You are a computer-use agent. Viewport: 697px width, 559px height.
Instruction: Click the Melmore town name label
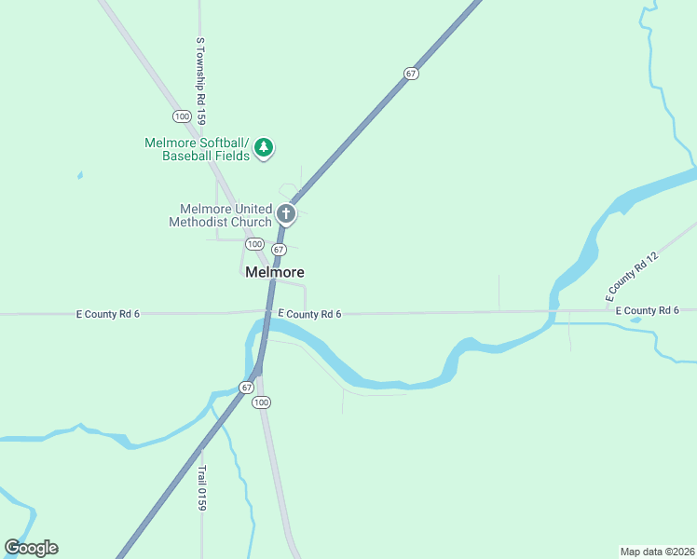point(275,273)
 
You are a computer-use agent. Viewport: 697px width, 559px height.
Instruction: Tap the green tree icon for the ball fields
point(265,147)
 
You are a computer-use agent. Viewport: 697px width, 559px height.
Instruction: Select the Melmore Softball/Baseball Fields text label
point(198,149)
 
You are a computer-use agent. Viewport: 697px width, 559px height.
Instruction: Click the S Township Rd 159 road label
point(200,81)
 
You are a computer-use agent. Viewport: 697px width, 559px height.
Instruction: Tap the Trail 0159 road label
point(200,487)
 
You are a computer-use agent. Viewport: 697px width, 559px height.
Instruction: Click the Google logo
point(31,548)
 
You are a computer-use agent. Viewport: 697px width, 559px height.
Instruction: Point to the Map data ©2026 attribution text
point(657,551)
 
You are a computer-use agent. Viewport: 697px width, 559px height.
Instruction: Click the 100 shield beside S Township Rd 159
point(182,116)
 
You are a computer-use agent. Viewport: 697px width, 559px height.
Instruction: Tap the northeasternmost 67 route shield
point(411,73)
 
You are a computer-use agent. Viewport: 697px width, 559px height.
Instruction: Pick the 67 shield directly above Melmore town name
point(279,250)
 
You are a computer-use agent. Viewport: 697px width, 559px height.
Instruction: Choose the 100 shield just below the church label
point(253,243)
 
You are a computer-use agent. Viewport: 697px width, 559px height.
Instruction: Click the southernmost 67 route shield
point(246,387)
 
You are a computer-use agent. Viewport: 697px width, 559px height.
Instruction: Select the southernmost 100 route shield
point(262,402)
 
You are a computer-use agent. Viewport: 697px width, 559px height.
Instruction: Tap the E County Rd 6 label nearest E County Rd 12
point(647,310)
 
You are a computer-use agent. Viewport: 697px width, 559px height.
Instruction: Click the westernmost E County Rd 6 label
point(107,315)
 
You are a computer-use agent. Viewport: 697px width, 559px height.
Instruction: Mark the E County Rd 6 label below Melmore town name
point(308,314)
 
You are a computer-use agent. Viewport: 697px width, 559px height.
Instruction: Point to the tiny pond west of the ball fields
point(80,174)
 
